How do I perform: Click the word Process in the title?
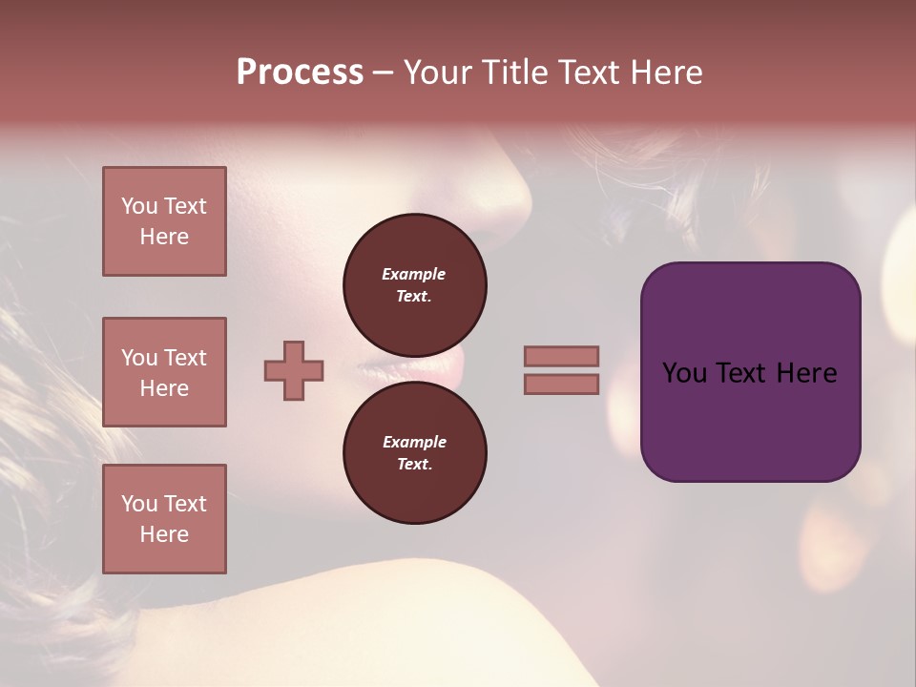click(x=300, y=73)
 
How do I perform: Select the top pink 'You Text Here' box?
click(x=164, y=221)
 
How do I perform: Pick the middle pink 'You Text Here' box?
click(x=164, y=372)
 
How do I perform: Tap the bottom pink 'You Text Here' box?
click(x=164, y=519)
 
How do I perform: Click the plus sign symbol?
click(x=294, y=370)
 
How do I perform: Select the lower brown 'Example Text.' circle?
click(x=414, y=452)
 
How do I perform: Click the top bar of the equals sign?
click(x=561, y=356)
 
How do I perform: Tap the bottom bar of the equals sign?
click(x=561, y=384)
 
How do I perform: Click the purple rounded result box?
click(x=750, y=371)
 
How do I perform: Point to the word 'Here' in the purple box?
click(x=806, y=373)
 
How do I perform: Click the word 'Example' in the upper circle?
click(x=414, y=274)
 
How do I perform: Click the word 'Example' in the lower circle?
click(x=414, y=442)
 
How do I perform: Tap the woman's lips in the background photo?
click(x=439, y=367)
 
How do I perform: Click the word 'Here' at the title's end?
click(x=666, y=73)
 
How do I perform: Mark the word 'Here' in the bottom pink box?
click(x=164, y=534)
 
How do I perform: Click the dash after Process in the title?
click(x=384, y=73)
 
